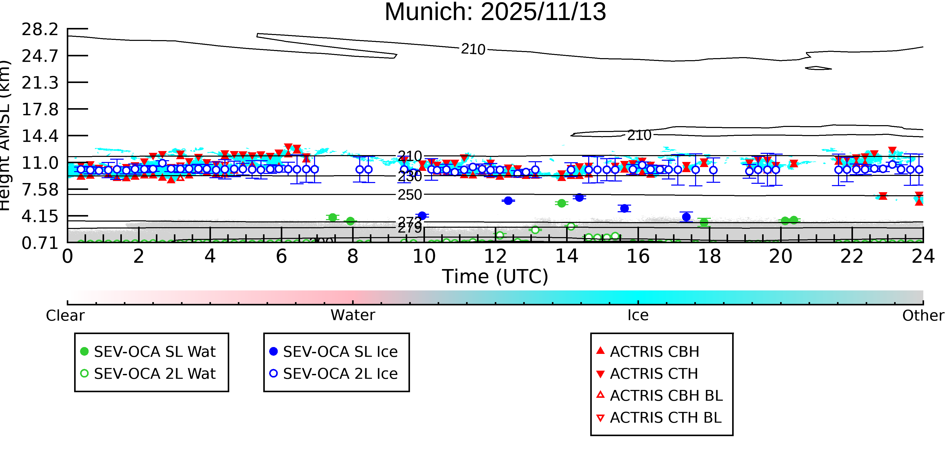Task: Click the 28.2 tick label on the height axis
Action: [40, 29]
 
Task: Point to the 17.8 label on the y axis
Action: [40, 110]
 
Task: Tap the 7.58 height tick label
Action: [40, 190]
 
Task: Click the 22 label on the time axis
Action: [851, 256]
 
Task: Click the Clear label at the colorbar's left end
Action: [65, 316]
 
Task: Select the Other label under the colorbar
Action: [923, 316]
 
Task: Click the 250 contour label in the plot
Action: [409, 195]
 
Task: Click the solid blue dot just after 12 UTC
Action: [508, 201]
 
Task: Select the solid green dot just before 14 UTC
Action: [561, 203]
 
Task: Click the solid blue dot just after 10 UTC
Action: [422, 216]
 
